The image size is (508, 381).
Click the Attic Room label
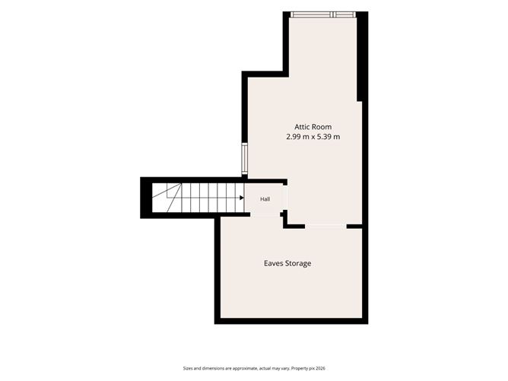pos(313,127)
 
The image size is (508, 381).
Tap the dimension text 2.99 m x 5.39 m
pos(313,137)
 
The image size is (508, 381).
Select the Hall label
pos(265,199)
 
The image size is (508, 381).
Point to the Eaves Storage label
pos(287,263)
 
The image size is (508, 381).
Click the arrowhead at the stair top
pos(242,198)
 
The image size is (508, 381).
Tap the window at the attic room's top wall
pos(322,14)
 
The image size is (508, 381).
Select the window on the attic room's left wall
pos(245,159)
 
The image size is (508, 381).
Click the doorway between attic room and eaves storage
pos(325,226)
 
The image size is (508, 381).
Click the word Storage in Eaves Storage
pos(298,263)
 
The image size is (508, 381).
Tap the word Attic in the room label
pos(302,127)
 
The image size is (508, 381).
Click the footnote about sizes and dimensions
pos(254,368)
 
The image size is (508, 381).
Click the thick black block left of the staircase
pos(146,198)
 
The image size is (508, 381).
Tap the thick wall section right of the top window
pos(362,57)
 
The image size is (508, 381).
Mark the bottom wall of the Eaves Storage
pos(291,321)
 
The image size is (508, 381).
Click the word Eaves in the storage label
pos(273,263)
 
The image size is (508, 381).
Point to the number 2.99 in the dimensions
pos(294,137)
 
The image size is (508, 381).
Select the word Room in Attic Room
pos(322,127)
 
